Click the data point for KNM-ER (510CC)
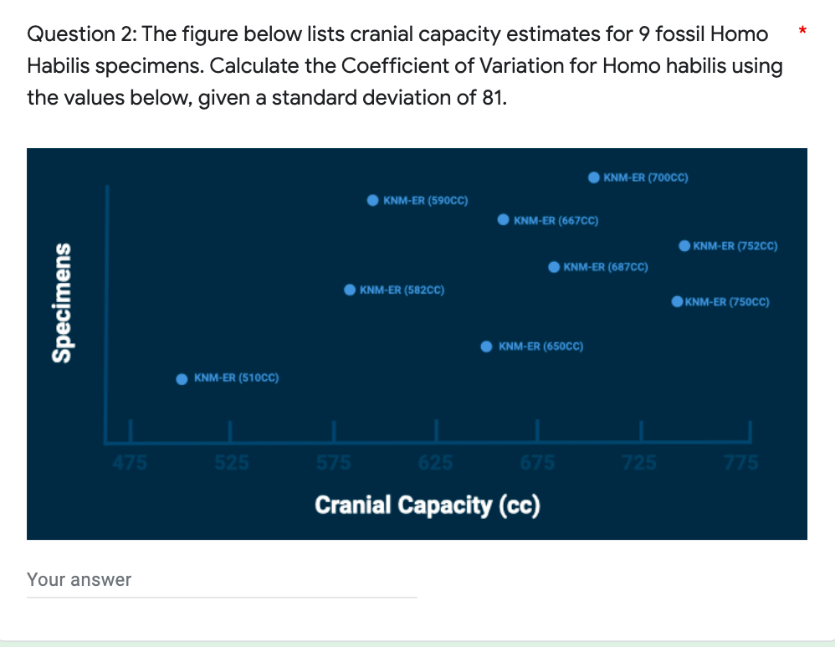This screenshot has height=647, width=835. [x=182, y=379]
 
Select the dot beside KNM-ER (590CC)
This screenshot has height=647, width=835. [x=372, y=201]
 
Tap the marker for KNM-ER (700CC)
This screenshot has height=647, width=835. [x=593, y=177]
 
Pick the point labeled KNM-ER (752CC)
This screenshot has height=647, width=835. [x=684, y=246]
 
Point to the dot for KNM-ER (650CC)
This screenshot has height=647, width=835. [x=486, y=347]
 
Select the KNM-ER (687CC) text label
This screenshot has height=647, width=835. [x=606, y=267]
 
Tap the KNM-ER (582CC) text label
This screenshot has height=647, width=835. [x=402, y=290]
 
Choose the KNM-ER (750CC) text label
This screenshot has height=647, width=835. [x=727, y=302]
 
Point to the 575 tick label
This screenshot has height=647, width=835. [x=334, y=462]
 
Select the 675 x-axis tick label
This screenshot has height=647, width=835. [x=537, y=462]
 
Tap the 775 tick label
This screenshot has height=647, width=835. [x=741, y=462]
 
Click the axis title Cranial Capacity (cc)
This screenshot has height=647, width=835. [x=428, y=506]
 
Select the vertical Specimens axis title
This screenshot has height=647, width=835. [x=60, y=302]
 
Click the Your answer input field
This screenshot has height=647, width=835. [x=222, y=580]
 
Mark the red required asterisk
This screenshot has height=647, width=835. [x=802, y=32]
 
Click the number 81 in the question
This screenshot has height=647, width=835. [x=492, y=98]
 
